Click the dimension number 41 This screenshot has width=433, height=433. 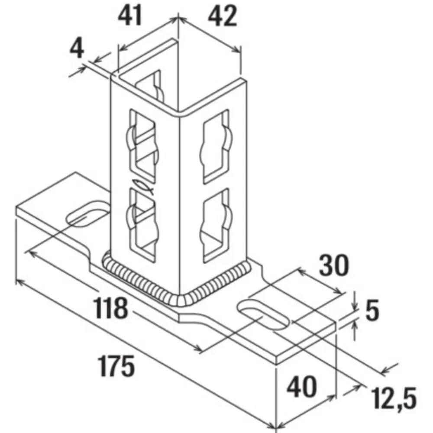(130, 16)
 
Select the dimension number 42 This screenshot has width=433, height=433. (223, 16)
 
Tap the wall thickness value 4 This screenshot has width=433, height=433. (77, 48)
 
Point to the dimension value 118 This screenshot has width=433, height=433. (110, 307)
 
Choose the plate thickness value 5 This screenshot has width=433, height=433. (372, 310)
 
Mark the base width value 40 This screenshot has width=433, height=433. (301, 387)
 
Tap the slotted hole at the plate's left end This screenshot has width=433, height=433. (87, 214)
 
